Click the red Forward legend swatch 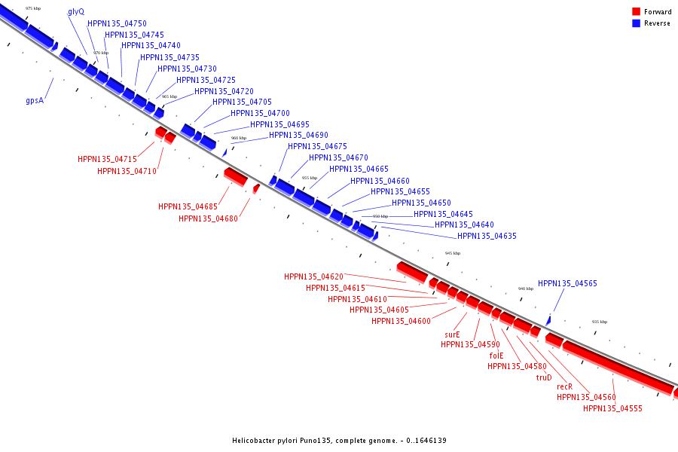pos(636,12)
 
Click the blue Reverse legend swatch pos(636,23)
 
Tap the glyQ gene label pos(76,12)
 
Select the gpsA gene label pos(35,100)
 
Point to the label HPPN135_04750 pos(117,24)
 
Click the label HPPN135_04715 pos(107,160)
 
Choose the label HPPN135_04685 pos(188,206)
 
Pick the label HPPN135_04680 pos(208,218)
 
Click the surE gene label pos(452,334)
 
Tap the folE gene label pos(496,356)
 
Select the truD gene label pos(544,377)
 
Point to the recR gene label pos(565,386)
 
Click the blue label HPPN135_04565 pos(567,284)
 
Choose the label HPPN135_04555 pos(612,408)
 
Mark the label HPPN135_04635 pos(487,236)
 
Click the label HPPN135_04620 pos(313,276)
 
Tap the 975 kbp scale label pos(33,8)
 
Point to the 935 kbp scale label pos(600,322)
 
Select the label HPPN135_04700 pos(260,113)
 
